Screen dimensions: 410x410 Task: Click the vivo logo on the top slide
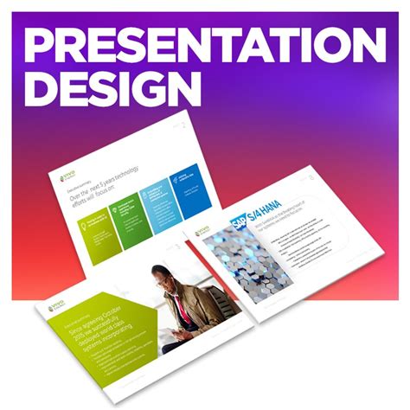click(x=68, y=178)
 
